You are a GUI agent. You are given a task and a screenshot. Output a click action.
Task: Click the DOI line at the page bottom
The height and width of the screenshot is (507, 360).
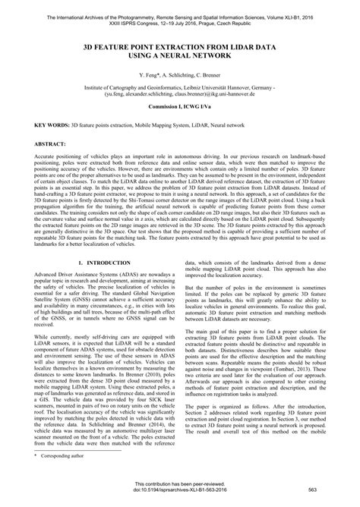tap(179, 491)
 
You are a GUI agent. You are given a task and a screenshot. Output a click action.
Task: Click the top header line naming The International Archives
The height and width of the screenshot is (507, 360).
tap(179, 7)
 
